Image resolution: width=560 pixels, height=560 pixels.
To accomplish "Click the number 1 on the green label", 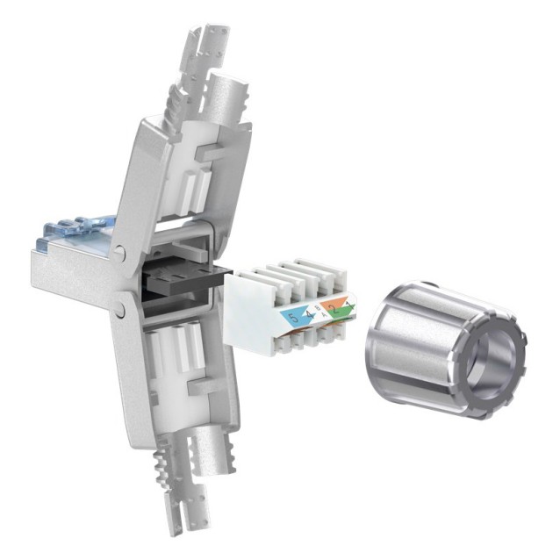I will point(345,305).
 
